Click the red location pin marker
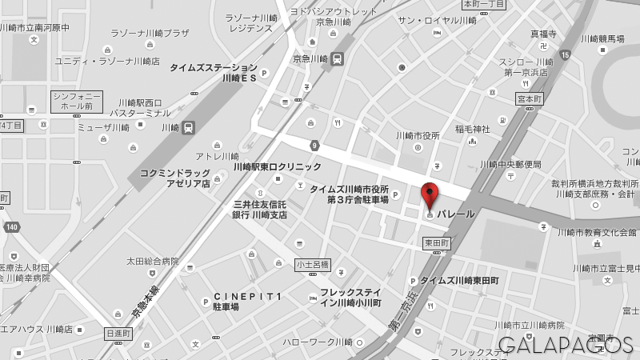coord(430,194)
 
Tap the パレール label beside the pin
coord(455,214)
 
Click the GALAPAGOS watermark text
coord(566,345)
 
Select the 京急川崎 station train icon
coord(338,58)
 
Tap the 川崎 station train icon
coord(188,127)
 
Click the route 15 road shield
coord(566,54)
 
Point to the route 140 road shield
coord(10,227)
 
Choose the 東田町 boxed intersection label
coord(436,242)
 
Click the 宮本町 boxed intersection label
coord(529,98)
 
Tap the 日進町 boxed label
coord(118,333)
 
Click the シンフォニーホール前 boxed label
coord(77,101)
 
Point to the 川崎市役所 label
coord(418,135)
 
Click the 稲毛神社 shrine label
coord(472,129)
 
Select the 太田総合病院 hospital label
coord(152,261)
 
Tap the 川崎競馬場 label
coord(602,38)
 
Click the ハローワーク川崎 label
coord(317,342)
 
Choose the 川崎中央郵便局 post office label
coord(510,164)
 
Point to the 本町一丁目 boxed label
coord(484,4)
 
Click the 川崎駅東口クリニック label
coord(277,166)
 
